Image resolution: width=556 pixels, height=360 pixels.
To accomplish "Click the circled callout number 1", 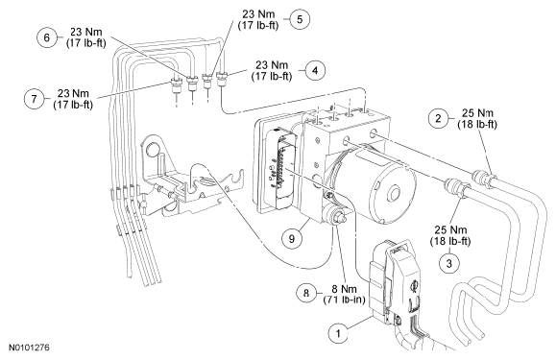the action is pos(338,333).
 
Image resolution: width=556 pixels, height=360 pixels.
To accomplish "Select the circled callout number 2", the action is pos(438,118).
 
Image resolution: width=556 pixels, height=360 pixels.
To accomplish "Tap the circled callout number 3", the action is pos(449,263).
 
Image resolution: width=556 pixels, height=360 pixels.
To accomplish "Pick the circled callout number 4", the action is pos(315,70).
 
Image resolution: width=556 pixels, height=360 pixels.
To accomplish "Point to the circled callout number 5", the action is pos(300,19).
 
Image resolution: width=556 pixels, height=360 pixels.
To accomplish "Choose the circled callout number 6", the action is pos(47,37).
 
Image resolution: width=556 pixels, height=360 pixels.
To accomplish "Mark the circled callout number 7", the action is pos(34,98).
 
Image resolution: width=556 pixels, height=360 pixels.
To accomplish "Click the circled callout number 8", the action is pos(306,293).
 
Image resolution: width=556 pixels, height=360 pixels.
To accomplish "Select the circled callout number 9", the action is pos(292,238).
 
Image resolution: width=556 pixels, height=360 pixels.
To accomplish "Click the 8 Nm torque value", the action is pos(345,289).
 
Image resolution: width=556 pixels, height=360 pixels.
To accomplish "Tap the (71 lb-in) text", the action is pos(344,300).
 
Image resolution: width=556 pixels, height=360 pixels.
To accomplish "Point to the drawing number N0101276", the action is pos(29,348).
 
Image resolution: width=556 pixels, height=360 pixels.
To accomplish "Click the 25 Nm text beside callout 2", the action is pos(477,113).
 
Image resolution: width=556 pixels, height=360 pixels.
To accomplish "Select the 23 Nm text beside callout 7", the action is pos(73,93).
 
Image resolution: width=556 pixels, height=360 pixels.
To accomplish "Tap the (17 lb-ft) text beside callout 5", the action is pos(258,26).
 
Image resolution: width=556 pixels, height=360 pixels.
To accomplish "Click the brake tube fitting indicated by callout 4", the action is pos(222,79).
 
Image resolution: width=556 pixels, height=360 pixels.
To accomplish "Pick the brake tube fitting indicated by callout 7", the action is pos(176,85).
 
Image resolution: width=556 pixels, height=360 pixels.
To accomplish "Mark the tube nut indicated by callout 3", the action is pos(457,187).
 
